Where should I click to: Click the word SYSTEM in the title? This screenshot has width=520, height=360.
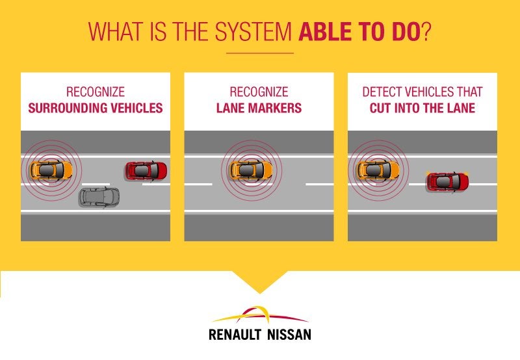253,31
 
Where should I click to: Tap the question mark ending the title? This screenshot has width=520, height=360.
426,31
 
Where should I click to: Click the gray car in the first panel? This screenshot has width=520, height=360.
99,198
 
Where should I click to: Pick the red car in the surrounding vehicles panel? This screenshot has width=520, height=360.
146,171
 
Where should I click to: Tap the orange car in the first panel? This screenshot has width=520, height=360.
51,170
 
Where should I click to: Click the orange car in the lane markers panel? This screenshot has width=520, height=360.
251,170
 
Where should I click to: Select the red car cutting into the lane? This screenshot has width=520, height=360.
448,182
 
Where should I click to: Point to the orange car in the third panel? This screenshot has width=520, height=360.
378,170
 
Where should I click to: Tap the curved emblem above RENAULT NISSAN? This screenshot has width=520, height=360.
260,315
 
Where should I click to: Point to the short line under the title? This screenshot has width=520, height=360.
260,53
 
